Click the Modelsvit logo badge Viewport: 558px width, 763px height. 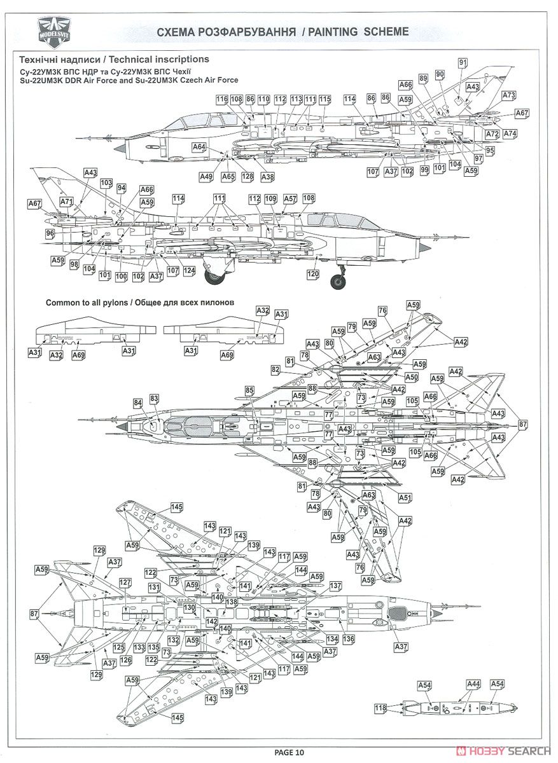[x=55, y=33]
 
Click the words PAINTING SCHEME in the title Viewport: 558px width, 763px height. [x=358, y=32]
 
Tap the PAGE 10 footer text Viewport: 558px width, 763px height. [x=289, y=752]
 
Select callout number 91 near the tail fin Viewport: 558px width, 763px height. [x=463, y=63]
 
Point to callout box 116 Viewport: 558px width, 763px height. [x=222, y=99]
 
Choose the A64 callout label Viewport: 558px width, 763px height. [x=199, y=147]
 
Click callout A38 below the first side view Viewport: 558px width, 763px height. [x=268, y=177]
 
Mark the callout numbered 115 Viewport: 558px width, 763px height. [x=325, y=99]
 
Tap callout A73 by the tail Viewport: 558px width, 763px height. [x=509, y=95]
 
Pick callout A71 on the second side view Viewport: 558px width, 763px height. [x=67, y=202]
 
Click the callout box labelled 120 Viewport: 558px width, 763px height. [x=313, y=273]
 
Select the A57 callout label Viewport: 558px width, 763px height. [x=290, y=198]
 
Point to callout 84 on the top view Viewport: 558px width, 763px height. [x=137, y=403]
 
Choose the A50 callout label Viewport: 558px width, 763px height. [x=412, y=377]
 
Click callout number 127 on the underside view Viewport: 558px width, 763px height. [x=125, y=582]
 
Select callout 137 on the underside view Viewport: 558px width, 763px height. [x=335, y=586]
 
